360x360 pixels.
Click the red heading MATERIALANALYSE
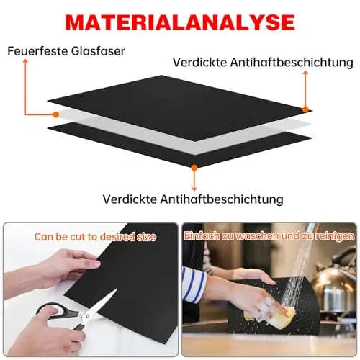click(x=180, y=22)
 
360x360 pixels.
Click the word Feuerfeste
click(x=37, y=51)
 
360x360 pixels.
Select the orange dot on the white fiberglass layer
click(x=56, y=114)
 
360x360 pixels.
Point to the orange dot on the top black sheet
click(x=305, y=109)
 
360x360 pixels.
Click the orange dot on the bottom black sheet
click(x=194, y=168)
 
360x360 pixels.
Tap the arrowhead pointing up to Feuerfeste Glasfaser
click(x=25, y=61)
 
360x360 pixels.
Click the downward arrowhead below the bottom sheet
click(x=194, y=189)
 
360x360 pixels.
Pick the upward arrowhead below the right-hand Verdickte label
click(x=305, y=73)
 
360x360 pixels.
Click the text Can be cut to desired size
click(x=95, y=237)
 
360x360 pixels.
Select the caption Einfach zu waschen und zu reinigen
click(x=269, y=236)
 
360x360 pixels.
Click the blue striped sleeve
click(x=193, y=284)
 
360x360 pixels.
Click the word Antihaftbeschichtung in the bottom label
click(x=222, y=199)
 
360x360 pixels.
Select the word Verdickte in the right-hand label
click(x=199, y=63)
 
